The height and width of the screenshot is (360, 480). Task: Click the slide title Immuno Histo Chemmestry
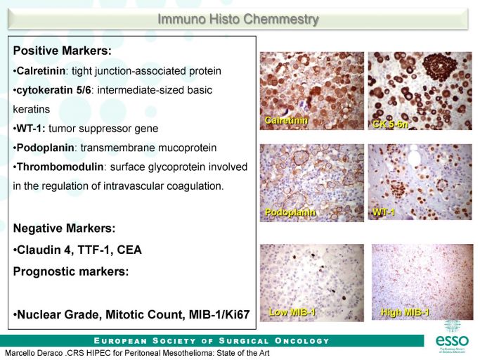point(238,19)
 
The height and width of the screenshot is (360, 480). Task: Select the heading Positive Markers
point(63,51)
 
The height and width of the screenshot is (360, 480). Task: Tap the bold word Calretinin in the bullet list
point(41,71)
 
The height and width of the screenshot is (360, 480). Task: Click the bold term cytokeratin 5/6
point(53,90)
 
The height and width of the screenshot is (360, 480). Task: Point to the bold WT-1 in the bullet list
point(31,129)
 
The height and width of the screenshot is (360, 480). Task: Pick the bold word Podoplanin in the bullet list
point(45,148)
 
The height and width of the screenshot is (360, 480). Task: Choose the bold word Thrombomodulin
point(60,167)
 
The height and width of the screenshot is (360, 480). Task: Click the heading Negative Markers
point(64,229)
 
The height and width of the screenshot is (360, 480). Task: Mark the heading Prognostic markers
point(71,271)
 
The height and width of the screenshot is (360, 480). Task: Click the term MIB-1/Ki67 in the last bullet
point(219,315)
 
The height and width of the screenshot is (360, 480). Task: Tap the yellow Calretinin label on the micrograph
point(286,120)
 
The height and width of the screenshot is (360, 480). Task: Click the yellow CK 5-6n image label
point(390,124)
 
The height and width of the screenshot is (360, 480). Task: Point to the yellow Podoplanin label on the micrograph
point(290,212)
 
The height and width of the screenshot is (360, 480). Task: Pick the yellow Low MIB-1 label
point(292,312)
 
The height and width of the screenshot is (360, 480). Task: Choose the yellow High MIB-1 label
point(405,312)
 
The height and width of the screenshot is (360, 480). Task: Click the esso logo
point(452,337)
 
